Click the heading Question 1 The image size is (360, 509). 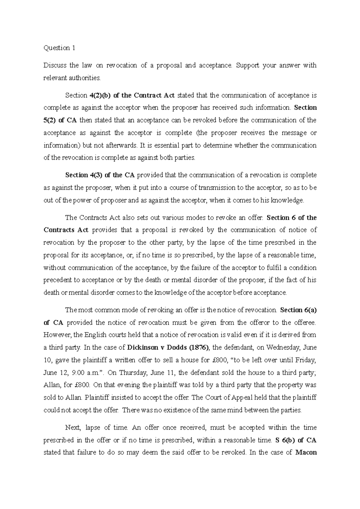point(59,48)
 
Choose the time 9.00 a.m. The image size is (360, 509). point(87,373)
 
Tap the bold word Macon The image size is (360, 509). point(306,452)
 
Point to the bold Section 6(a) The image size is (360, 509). point(298,310)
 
